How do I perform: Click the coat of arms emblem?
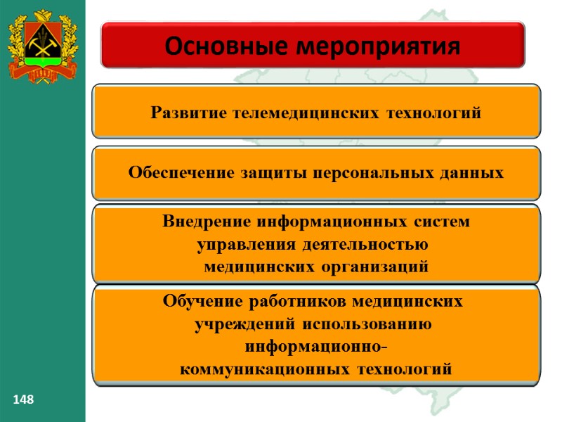(x=41, y=46)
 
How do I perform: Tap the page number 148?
(x=23, y=400)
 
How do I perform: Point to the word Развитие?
(x=188, y=113)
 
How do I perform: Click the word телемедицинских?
(x=304, y=113)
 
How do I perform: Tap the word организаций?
(x=372, y=267)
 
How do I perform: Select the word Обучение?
(x=203, y=302)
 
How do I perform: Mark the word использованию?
(x=368, y=325)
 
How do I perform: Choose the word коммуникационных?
(x=266, y=369)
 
